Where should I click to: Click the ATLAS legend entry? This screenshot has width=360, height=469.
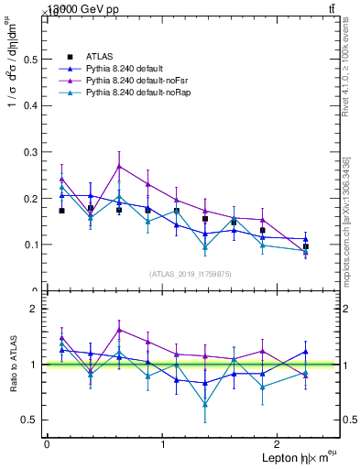[x=99, y=58]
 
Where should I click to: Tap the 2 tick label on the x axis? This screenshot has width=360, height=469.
[x=280, y=444]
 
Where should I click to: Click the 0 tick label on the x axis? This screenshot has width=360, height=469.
[x=47, y=444]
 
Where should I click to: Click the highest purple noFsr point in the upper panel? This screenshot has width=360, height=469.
[x=119, y=166]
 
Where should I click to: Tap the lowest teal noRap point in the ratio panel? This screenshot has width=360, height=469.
[x=205, y=404]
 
